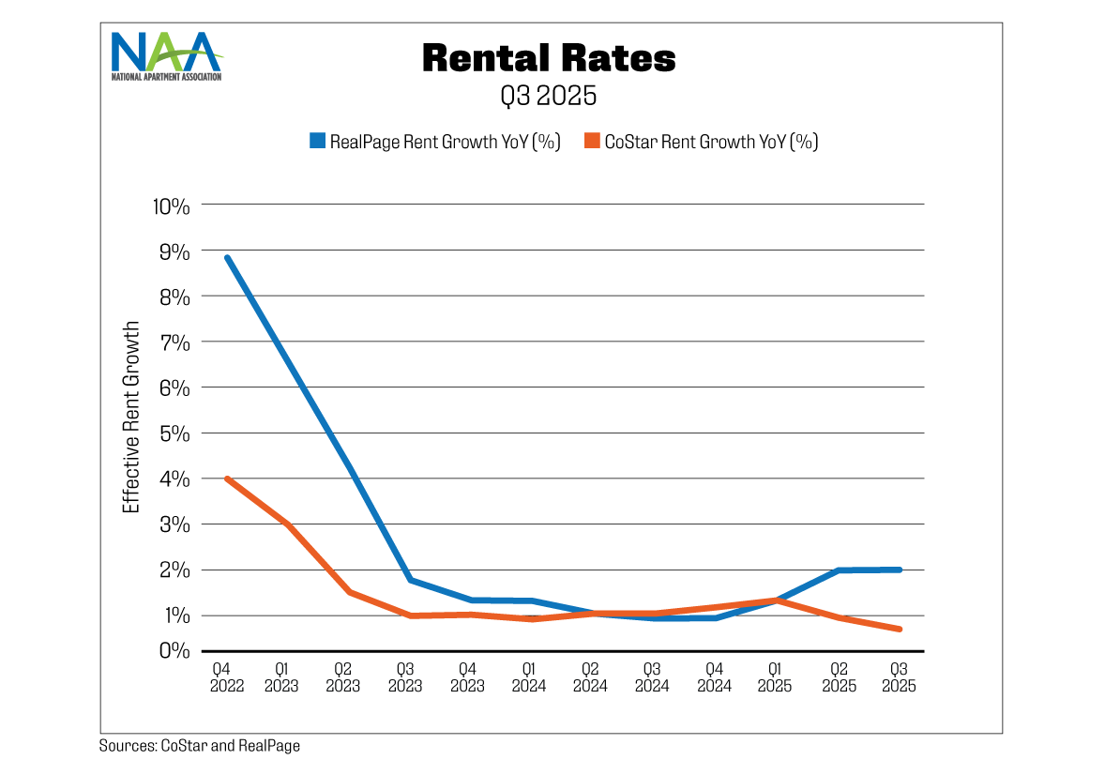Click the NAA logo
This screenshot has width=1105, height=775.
[166, 55]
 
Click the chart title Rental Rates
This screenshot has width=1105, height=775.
[549, 58]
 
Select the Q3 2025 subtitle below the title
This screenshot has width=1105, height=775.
[549, 96]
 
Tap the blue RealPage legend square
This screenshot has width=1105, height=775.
[317, 142]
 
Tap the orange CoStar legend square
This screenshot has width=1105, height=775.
[591, 142]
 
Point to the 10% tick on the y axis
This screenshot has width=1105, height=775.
[171, 205]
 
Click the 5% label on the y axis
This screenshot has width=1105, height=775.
[174, 433]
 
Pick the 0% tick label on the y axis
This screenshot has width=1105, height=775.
[174, 650]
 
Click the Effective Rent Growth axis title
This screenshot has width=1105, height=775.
[131, 418]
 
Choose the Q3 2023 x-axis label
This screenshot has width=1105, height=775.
[405, 677]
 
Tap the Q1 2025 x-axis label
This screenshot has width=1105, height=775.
[775, 677]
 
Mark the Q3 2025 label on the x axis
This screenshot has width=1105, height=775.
[898, 677]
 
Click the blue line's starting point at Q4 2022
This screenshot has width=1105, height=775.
[227, 257]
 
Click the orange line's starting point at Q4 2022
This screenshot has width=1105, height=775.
[227, 479]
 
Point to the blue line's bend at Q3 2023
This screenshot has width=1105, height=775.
[411, 580]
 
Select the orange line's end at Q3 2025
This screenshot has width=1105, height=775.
[900, 629]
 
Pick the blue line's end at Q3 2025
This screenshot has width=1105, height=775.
[900, 570]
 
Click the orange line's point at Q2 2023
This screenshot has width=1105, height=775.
[349, 592]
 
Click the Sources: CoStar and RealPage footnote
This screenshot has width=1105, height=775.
[199, 746]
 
